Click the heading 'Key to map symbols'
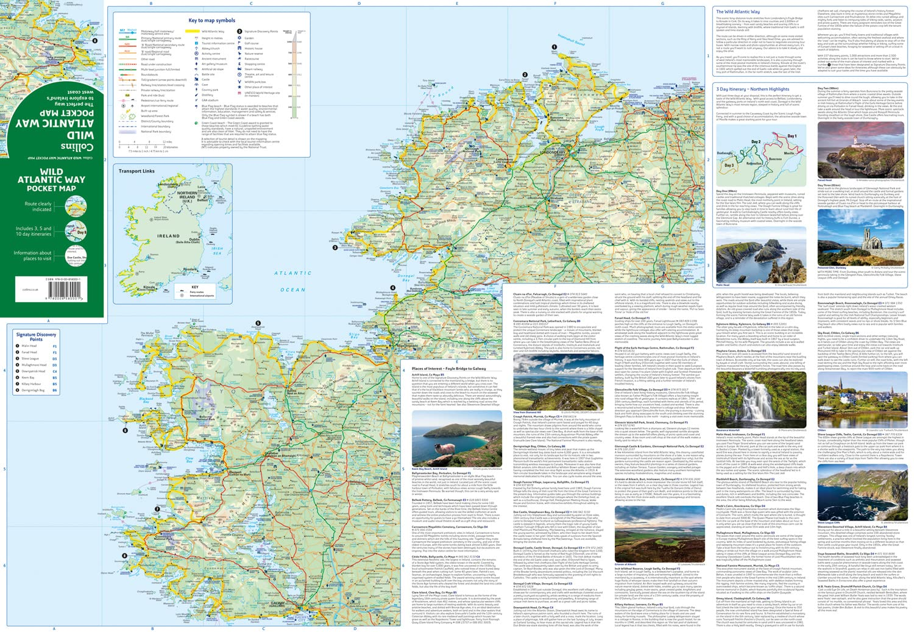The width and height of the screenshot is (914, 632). tap(211, 20)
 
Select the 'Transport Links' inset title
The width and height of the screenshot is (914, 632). tap(136, 171)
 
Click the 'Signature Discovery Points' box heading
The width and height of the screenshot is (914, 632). tap(36, 336)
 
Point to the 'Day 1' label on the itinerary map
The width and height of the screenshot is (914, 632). tap(792, 136)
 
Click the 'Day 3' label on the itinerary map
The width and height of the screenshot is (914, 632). tap(729, 165)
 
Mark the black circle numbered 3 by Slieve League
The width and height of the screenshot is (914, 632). tap(335, 247)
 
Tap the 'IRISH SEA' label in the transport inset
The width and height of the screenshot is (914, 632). tap(217, 250)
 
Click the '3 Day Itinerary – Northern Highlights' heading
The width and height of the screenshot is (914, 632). tap(753, 89)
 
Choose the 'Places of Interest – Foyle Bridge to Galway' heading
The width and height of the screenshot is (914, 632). tap(448, 368)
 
